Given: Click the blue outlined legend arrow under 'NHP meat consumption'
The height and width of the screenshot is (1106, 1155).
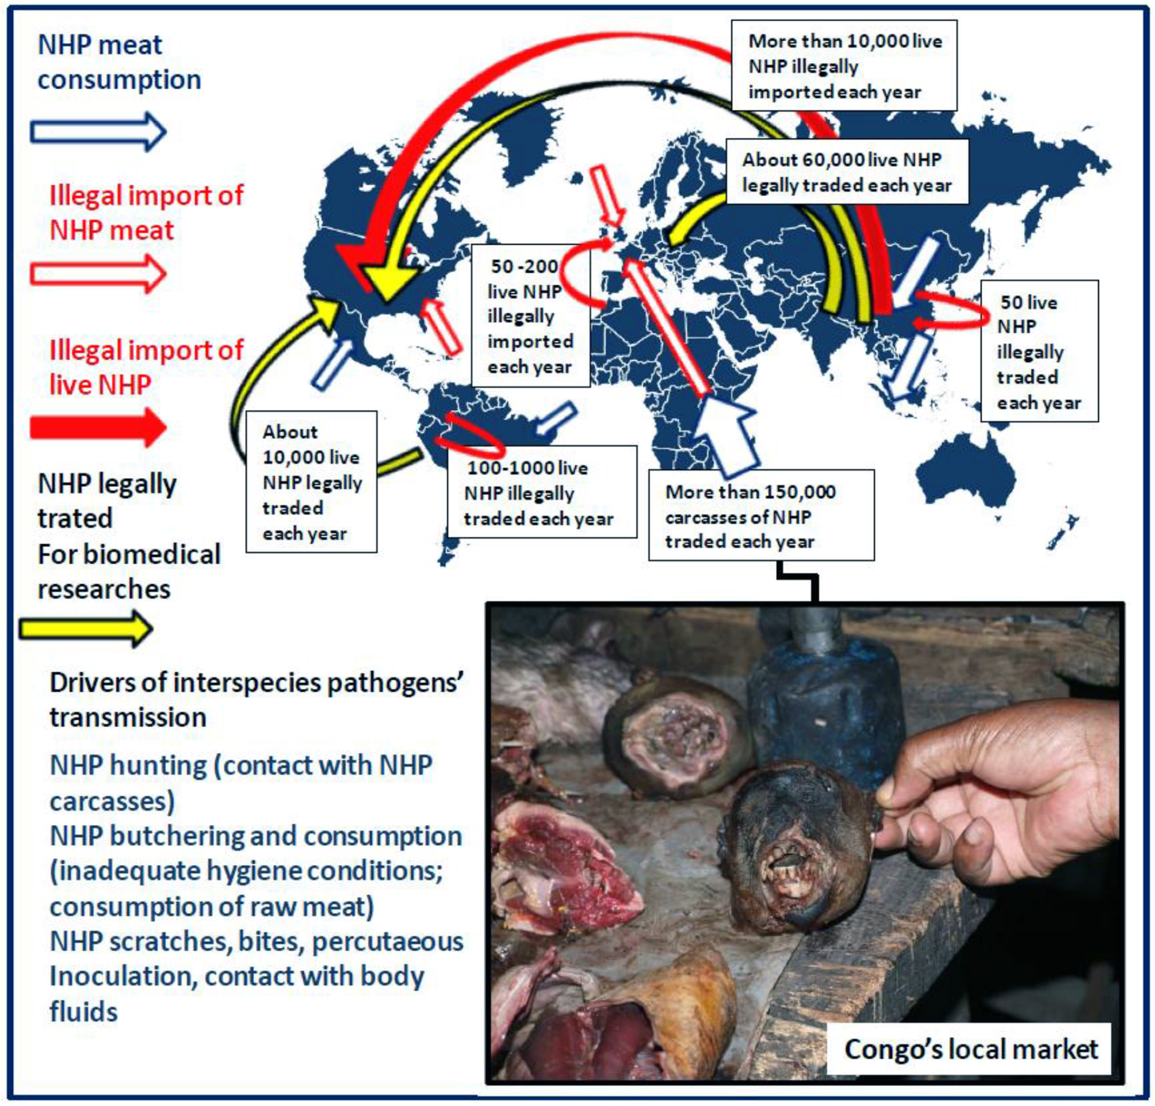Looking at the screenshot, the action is (x=98, y=131).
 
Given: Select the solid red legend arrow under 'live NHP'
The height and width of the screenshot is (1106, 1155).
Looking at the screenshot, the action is (x=98, y=428).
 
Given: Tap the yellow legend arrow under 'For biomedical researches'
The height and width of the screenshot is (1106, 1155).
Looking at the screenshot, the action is (x=86, y=629).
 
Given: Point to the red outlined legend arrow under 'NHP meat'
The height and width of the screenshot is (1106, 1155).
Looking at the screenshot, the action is (x=98, y=273).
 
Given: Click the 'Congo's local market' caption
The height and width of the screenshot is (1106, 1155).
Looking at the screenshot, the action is (x=970, y=1049).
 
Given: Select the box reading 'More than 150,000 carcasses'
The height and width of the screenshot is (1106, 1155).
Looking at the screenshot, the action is (x=761, y=516).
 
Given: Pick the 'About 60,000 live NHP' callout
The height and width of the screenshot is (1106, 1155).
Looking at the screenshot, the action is (x=846, y=172).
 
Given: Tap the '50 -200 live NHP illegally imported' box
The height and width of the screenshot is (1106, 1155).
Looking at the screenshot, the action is (x=530, y=316).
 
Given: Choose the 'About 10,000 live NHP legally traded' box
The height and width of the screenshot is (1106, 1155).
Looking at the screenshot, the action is (x=311, y=482).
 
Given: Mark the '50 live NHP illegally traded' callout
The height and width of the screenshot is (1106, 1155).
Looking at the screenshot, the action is (x=1038, y=352).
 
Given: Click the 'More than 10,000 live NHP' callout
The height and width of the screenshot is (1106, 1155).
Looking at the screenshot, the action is (x=843, y=66).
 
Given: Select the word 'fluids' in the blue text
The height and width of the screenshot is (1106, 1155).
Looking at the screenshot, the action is (x=83, y=1011).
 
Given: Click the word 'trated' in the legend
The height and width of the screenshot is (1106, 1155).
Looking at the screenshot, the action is (x=75, y=518).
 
